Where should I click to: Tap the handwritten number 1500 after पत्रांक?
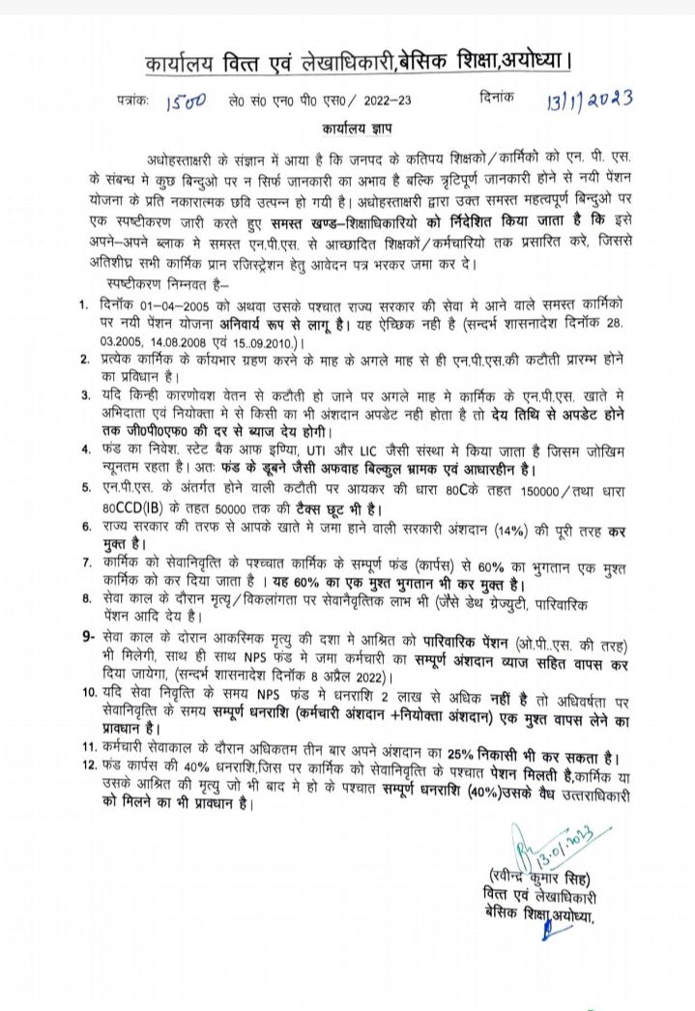185,101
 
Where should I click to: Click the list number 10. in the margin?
85,693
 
